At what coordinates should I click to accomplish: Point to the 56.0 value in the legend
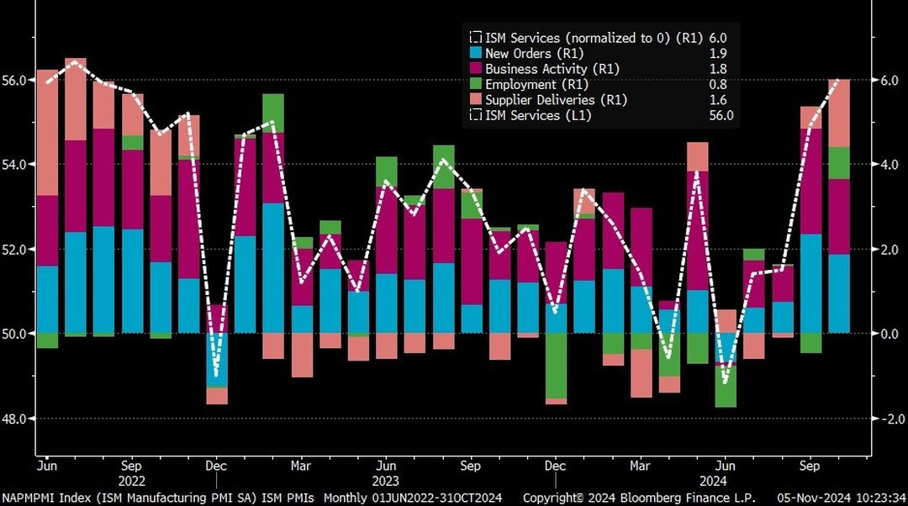point(721,115)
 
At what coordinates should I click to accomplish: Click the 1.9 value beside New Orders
point(719,53)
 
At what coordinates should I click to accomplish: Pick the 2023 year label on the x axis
point(386,482)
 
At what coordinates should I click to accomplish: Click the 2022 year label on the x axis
point(131,482)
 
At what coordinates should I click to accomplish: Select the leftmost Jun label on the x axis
point(46,466)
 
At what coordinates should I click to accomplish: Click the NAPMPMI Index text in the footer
point(42,498)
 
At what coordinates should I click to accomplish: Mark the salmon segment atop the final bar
point(839,113)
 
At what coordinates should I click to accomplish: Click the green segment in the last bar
point(839,163)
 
